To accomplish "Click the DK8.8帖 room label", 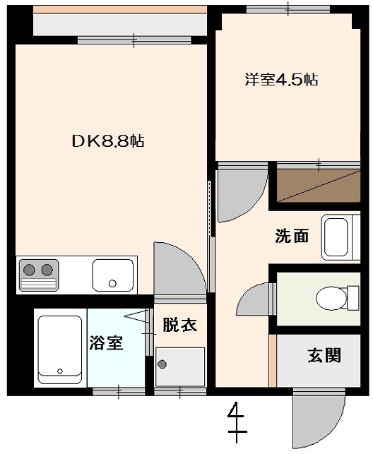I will point(108,141).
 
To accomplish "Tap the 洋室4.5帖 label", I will point(281,80).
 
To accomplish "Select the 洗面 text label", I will point(291,237).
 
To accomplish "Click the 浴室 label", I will point(106,344).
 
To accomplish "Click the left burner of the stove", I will point(30,269).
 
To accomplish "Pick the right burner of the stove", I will point(47,269).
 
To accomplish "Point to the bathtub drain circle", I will point(59,371).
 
